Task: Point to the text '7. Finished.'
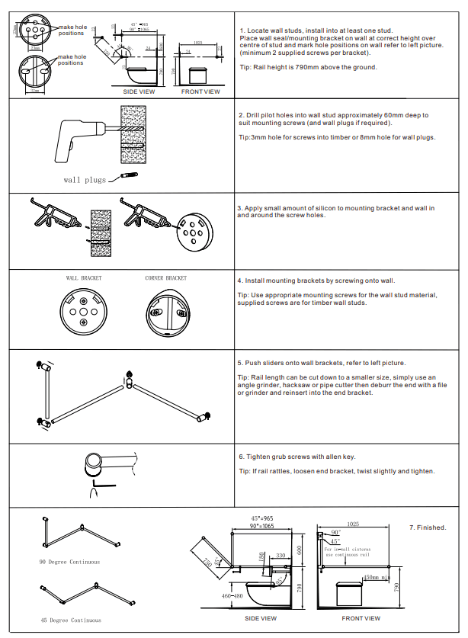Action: (428, 527)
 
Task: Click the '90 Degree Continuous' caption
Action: (69, 562)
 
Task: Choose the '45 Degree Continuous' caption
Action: (70, 620)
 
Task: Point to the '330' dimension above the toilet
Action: (280, 556)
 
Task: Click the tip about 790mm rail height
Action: (307, 67)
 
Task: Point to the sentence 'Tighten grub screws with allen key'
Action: (300, 457)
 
